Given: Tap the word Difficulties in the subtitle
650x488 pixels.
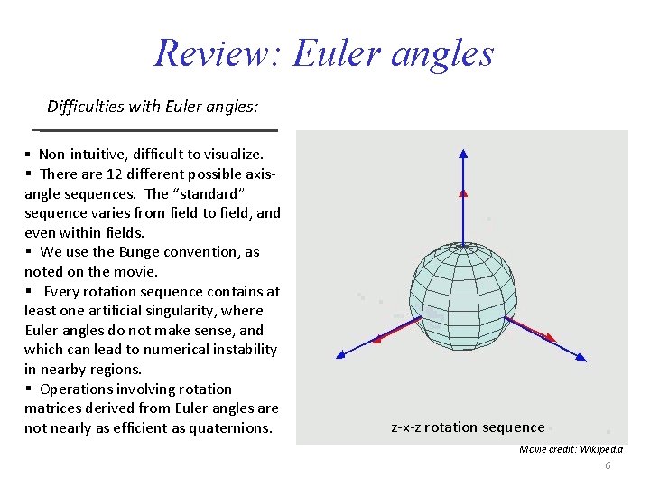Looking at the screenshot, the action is tap(86, 107).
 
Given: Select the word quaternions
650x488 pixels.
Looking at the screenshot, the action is tap(230, 427).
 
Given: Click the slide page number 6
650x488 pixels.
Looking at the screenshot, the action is tap(608, 465).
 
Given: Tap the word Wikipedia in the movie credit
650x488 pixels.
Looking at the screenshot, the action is tap(596, 449).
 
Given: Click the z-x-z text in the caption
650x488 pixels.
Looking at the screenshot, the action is tap(405, 427).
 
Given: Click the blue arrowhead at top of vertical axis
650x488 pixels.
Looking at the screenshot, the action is tap(463, 153).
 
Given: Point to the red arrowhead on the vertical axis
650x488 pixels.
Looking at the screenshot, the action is tap(463, 191).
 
